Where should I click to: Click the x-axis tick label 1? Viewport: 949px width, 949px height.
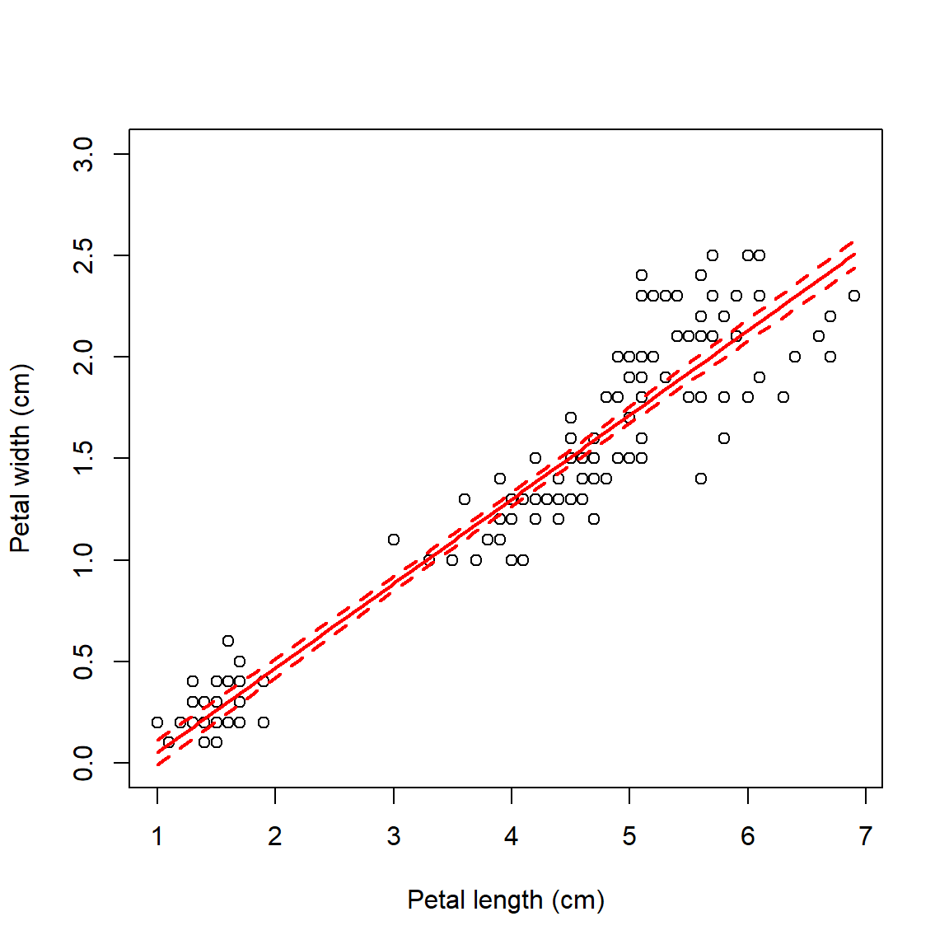tap(157, 837)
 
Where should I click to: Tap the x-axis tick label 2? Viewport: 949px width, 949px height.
tap(275, 837)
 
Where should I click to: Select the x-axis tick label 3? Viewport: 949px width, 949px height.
tap(394, 837)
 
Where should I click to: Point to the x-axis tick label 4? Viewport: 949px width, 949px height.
tap(512, 837)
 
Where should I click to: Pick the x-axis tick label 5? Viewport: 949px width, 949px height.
tap(629, 837)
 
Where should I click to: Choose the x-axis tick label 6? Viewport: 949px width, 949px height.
tap(748, 837)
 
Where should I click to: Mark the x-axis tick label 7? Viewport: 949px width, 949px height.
tap(866, 837)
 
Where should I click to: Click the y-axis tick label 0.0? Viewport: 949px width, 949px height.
tap(84, 763)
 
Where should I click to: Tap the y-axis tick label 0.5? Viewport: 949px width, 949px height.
tap(84, 661)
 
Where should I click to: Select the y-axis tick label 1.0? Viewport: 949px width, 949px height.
tap(84, 560)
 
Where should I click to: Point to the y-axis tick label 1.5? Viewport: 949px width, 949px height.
tap(84, 458)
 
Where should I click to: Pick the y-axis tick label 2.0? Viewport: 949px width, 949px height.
tap(84, 357)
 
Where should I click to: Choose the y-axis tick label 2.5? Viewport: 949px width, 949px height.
tap(84, 255)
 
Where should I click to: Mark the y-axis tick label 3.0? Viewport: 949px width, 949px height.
tap(84, 154)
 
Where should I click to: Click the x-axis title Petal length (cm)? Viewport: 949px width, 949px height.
tap(506, 900)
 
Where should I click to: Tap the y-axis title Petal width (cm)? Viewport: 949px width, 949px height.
tap(21, 458)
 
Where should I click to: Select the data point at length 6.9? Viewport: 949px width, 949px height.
tap(854, 296)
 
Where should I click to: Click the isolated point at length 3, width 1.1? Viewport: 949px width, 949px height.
tap(394, 540)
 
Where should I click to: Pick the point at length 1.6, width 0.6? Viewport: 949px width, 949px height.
tap(228, 641)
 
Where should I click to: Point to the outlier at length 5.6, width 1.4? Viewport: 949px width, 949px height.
tap(701, 479)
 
